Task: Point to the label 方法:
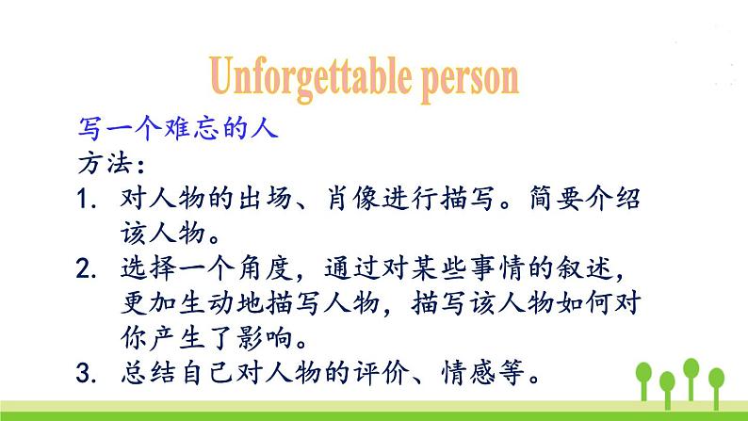point(109,164)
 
